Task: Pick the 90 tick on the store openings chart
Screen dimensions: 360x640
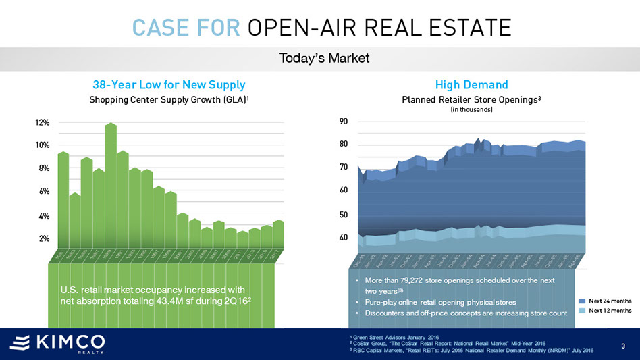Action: coord(344,122)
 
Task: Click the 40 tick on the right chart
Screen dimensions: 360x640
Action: coord(344,238)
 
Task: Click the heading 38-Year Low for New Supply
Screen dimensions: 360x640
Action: coord(169,85)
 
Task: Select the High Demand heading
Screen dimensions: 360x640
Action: coord(471,85)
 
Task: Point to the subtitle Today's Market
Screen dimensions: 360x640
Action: coord(324,59)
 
